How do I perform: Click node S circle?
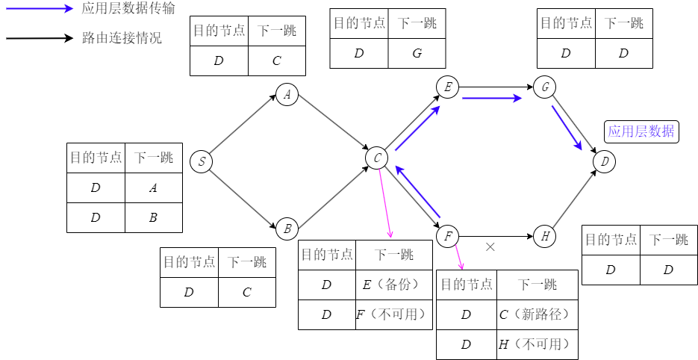201,161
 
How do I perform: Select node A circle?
287,95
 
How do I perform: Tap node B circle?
287,229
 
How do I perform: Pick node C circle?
377,158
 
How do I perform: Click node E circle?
447,87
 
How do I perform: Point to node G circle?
545,87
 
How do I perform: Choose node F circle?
447,237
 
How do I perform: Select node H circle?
545,237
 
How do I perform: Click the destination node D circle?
605,161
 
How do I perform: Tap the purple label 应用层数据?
641,132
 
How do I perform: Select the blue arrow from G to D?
567,127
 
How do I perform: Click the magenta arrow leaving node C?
385,202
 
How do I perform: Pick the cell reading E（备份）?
394,285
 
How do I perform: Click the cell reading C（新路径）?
537,314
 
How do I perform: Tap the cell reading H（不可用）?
537,344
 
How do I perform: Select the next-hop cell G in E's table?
417,53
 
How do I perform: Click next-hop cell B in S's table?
153,217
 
